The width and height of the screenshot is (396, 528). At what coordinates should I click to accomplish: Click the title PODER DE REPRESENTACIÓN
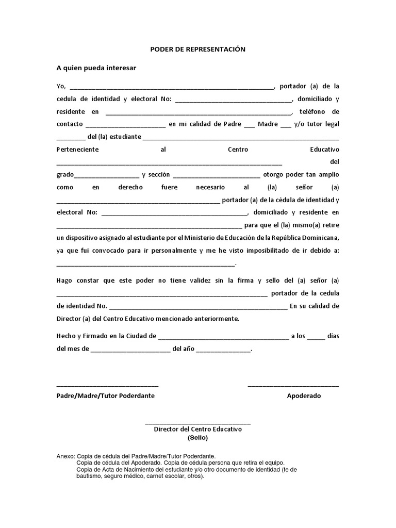pos(197,49)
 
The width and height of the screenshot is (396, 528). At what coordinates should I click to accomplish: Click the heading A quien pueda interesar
pos(96,68)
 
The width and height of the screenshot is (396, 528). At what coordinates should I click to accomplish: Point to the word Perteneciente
pos(77,150)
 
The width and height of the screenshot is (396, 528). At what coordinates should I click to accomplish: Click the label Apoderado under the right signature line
pos(304,396)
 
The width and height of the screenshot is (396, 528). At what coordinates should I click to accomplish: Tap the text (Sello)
pos(197,438)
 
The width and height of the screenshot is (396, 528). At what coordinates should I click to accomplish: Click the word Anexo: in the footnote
pos(65,456)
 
